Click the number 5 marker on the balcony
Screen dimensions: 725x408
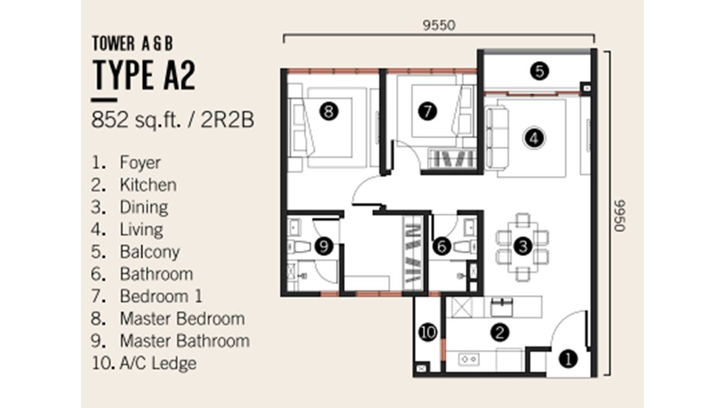click(539, 71)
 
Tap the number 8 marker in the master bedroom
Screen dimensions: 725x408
click(329, 112)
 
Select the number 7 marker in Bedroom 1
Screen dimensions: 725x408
click(427, 111)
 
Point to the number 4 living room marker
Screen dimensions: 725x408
click(534, 138)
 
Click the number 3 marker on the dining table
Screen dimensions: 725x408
click(523, 246)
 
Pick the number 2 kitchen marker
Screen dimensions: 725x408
click(500, 332)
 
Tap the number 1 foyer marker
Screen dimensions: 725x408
click(568, 359)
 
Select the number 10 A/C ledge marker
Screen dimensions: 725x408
click(428, 332)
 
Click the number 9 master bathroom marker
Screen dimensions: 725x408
click(323, 246)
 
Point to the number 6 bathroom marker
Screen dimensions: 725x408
click(442, 246)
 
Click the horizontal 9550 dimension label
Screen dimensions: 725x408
click(439, 25)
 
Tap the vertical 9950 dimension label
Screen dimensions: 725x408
click(620, 216)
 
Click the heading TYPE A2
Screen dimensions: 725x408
click(144, 75)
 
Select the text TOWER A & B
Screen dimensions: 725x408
click(133, 44)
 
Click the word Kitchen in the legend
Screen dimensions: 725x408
click(148, 185)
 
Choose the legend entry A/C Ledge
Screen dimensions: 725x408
click(158, 363)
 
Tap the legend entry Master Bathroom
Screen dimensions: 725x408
click(185, 341)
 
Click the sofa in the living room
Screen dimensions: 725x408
click(497, 139)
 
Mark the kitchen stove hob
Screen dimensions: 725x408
click(469, 359)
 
